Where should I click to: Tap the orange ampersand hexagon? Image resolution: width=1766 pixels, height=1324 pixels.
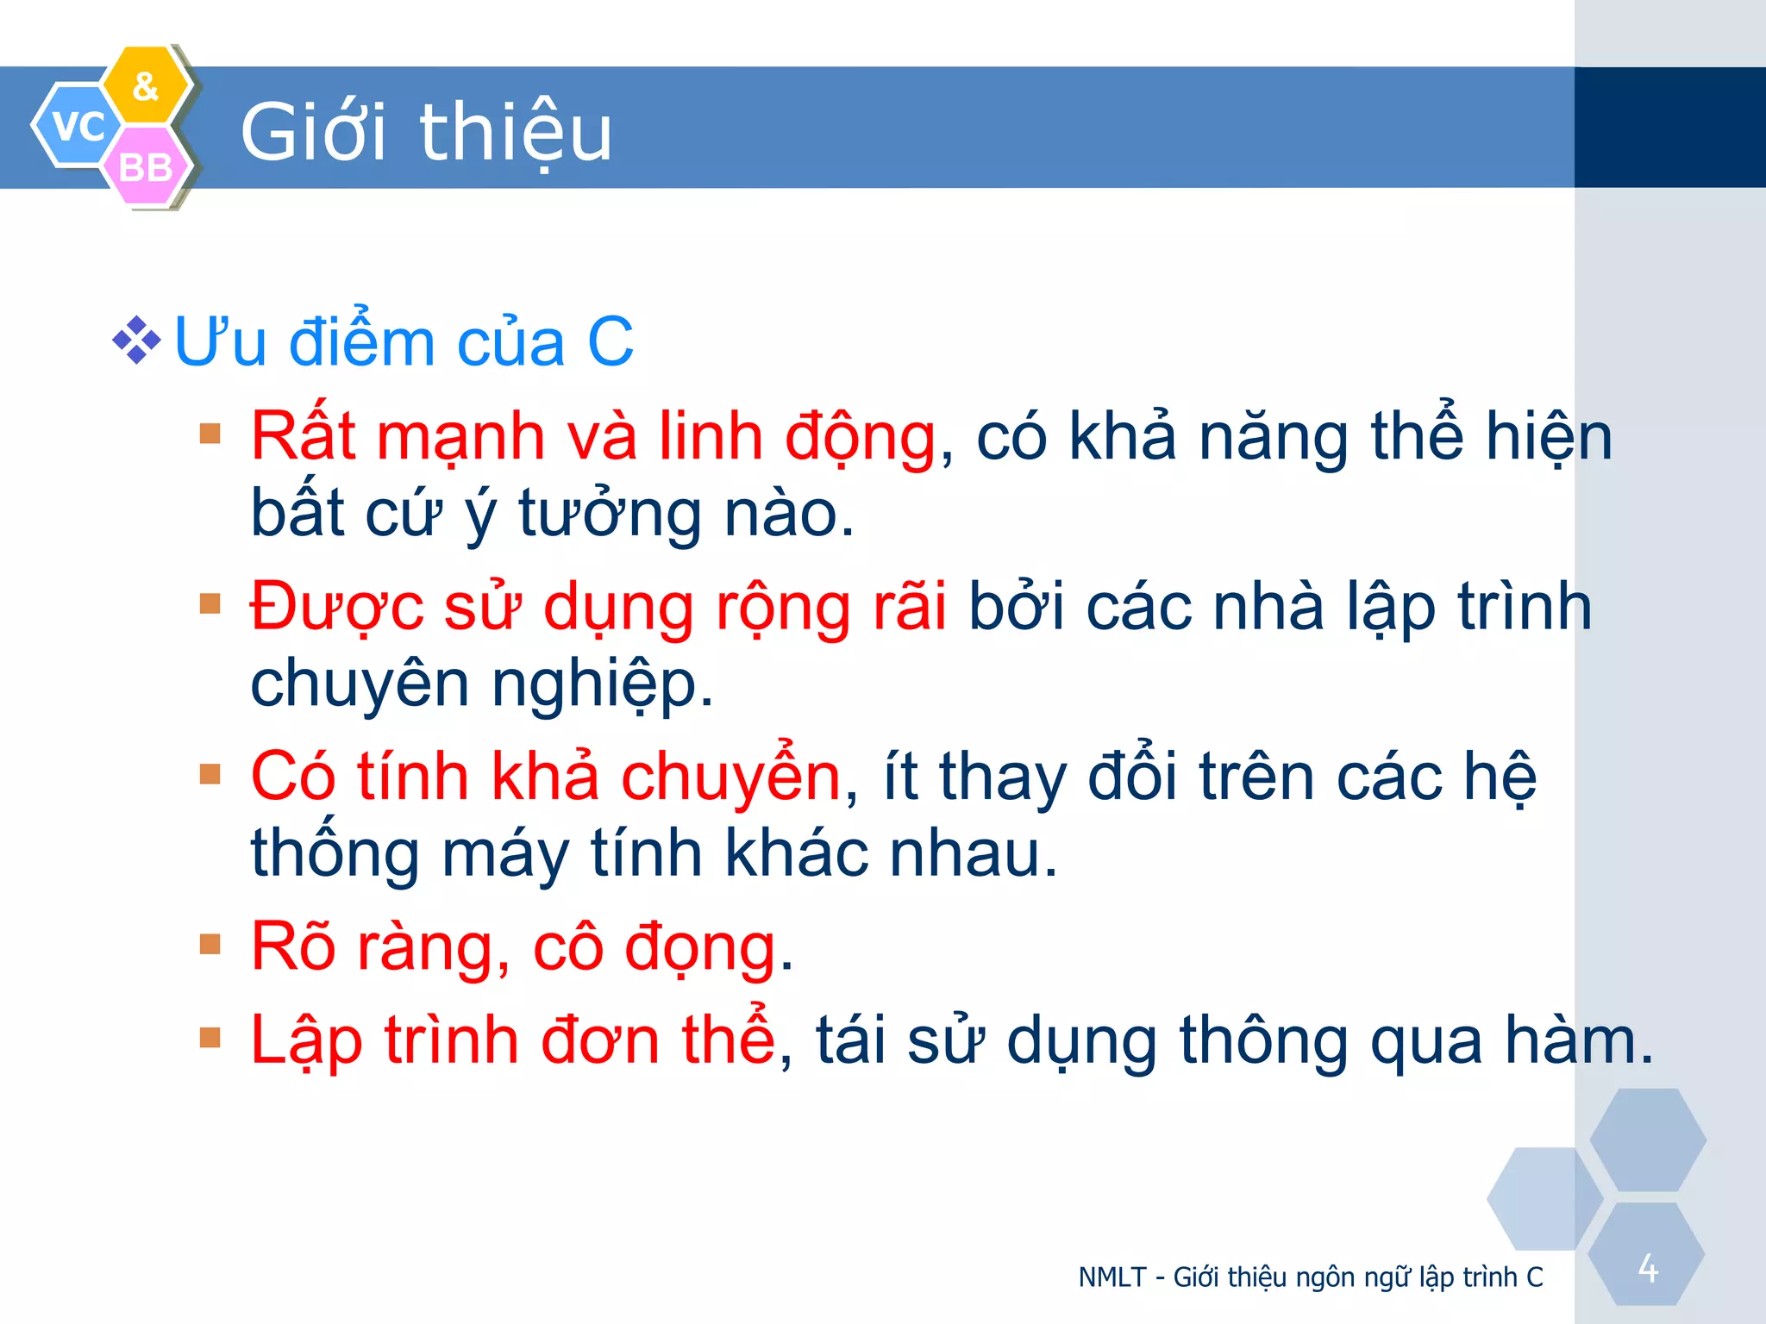[x=147, y=85]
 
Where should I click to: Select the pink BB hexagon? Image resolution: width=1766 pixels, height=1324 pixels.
[x=146, y=166]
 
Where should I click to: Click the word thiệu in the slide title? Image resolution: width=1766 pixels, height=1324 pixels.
[x=515, y=133]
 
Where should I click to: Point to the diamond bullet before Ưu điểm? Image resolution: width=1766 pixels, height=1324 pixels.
[x=136, y=341]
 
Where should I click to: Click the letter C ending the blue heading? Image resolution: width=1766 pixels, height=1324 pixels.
[x=611, y=342]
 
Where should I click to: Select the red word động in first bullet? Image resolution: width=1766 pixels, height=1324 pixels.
[x=860, y=438]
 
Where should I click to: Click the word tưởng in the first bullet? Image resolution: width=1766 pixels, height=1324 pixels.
[x=609, y=515]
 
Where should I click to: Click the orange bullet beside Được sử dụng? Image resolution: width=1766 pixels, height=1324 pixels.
[x=210, y=603]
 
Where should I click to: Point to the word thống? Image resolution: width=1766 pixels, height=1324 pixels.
[x=335, y=854]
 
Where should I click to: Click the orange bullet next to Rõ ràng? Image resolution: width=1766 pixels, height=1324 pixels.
[x=210, y=944]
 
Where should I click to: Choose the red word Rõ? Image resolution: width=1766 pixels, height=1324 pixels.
[x=292, y=946]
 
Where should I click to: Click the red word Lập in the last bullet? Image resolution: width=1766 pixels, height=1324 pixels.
[x=306, y=1040]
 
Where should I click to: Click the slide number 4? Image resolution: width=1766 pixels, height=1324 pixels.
[x=1648, y=1268]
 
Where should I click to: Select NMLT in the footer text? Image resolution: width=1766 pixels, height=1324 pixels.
[x=1112, y=1277]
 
